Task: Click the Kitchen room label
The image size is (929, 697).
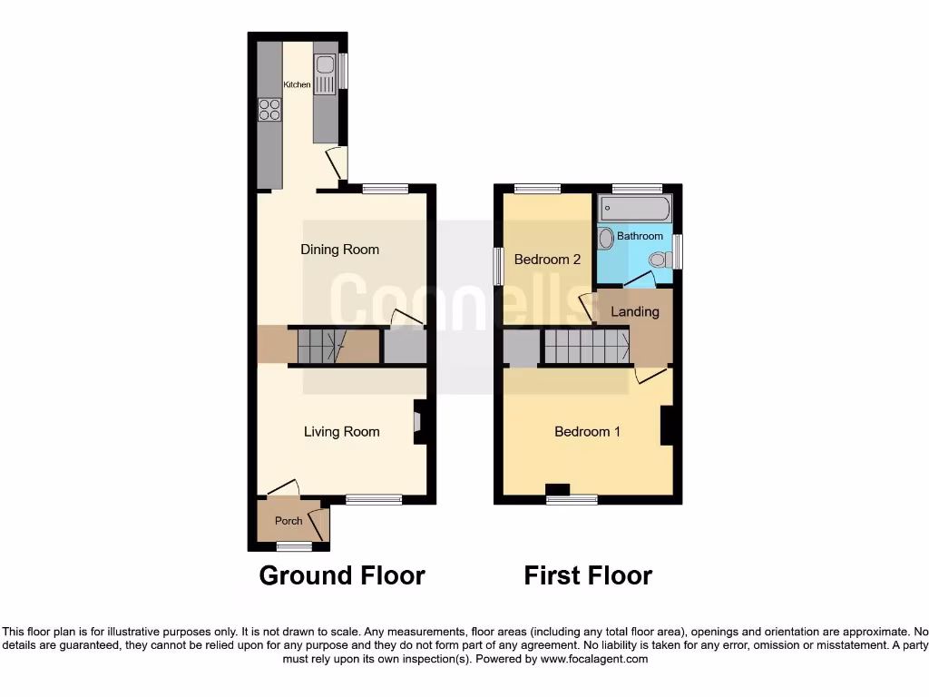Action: point(297,84)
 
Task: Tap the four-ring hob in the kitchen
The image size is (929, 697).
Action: point(269,110)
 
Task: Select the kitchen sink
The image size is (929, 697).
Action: point(325,73)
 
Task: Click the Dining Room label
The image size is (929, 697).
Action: point(340,250)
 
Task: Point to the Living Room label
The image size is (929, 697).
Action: point(341,432)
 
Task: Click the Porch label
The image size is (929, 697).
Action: point(288,521)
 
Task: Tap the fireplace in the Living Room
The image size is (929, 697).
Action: point(419,422)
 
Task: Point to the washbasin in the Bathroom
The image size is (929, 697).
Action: point(606,238)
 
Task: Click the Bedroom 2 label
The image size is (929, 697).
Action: point(547,260)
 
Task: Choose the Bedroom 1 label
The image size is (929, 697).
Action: point(587,432)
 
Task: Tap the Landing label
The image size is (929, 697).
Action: point(635,312)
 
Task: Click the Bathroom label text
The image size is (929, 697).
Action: point(641,237)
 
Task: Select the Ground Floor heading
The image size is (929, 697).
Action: point(342,575)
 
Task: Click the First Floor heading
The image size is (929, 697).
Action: point(588,575)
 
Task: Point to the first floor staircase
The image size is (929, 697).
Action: point(586,347)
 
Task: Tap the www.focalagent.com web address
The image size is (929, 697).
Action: point(593,659)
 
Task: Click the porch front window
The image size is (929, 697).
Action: point(293,546)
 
